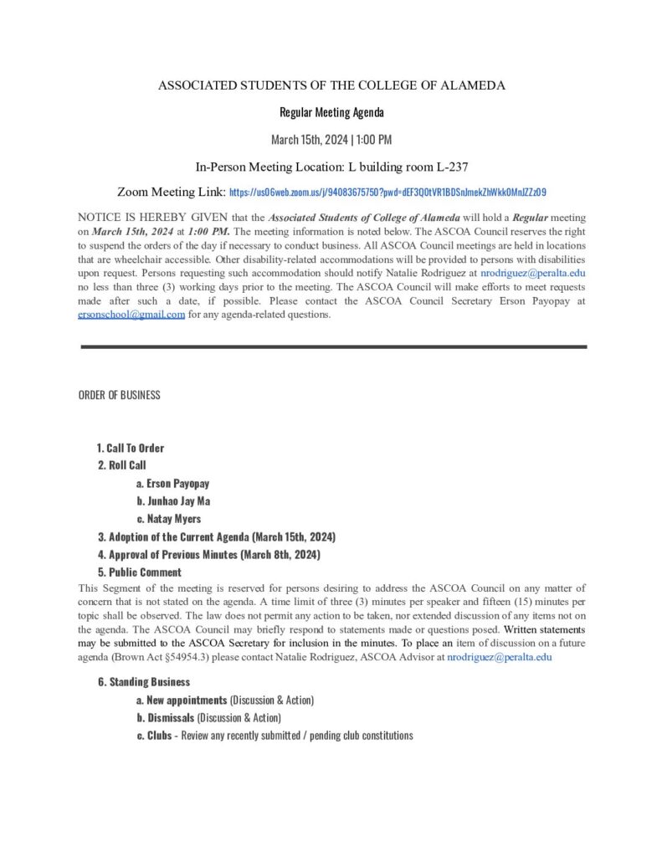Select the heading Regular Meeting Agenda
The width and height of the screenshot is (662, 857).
click(331, 112)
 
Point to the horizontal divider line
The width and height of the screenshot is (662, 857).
click(332, 346)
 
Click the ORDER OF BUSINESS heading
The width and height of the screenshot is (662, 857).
click(120, 395)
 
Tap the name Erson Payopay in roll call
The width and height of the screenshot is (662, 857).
click(177, 484)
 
